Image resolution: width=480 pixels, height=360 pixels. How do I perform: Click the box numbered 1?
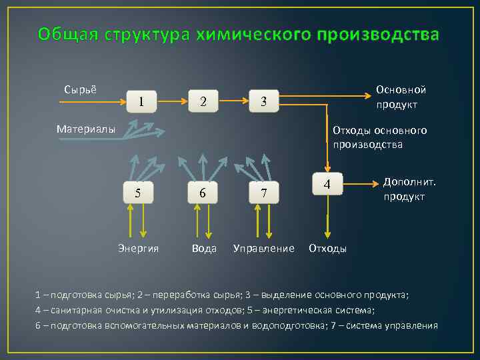pyautogui.click(x=141, y=102)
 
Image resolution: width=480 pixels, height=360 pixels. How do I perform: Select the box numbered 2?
pyautogui.click(x=203, y=102)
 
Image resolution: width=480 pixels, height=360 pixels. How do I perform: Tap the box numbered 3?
pyautogui.click(x=264, y=102)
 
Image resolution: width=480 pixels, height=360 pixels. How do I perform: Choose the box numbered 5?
pyautogui.click(x=138, y=193)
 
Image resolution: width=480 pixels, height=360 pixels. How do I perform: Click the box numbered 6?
pyautogui.click(x=202, y=193)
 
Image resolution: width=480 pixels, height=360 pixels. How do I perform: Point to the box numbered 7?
pyautogui.click(x=264, y=193)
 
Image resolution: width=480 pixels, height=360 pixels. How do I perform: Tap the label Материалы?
pyautogui.click(x=86, y=129)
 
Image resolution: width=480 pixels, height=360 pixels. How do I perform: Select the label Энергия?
pyautogui.click(x=139, y=249)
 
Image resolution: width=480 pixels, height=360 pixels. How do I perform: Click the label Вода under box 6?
pyautogui.click(x=204, y=249)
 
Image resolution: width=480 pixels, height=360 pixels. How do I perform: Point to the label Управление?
pyautogui.click(x=264, y=249)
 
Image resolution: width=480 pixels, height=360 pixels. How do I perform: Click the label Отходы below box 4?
pyautogui.click(x=327, y=249)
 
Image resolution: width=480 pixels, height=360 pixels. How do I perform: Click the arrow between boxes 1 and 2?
pyautogui.click(x=172, y=102)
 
